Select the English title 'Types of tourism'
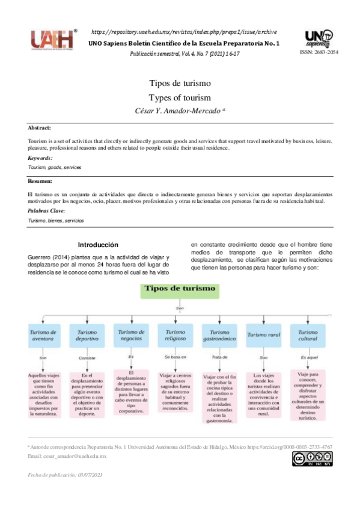click(180, 97)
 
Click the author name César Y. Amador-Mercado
click(180, 111)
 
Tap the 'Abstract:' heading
click(40, 128)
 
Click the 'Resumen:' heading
click(40, 180)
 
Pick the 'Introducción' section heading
click(99, 245)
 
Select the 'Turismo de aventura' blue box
click(44, 336)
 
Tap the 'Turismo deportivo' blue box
click(87, 336)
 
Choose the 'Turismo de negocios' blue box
click(131, 334)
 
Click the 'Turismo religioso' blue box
click(175, 336)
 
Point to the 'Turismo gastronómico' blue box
click(220, 336)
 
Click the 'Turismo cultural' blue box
click(308, 336)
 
